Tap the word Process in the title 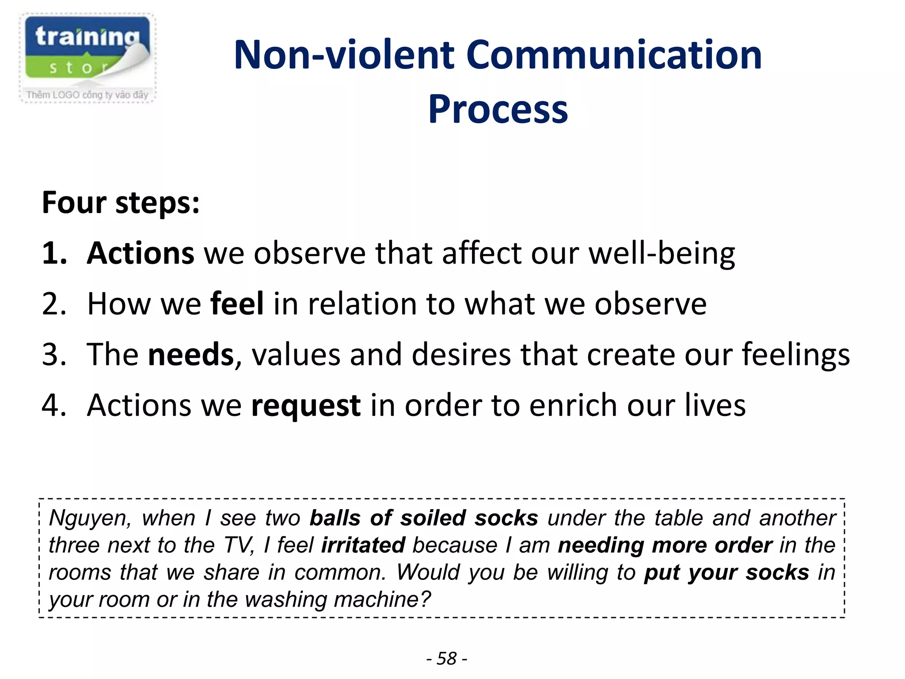coord(498,109)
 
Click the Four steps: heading coord(121,203)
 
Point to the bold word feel coord(237,304)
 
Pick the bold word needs coord(191,355)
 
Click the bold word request coord(305,405)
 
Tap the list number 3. coord(54,355)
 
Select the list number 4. coord(54,405)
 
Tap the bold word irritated coord(363,545)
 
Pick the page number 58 coord(446,659)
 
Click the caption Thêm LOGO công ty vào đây coord(87,95)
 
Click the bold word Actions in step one coord(140,254)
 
